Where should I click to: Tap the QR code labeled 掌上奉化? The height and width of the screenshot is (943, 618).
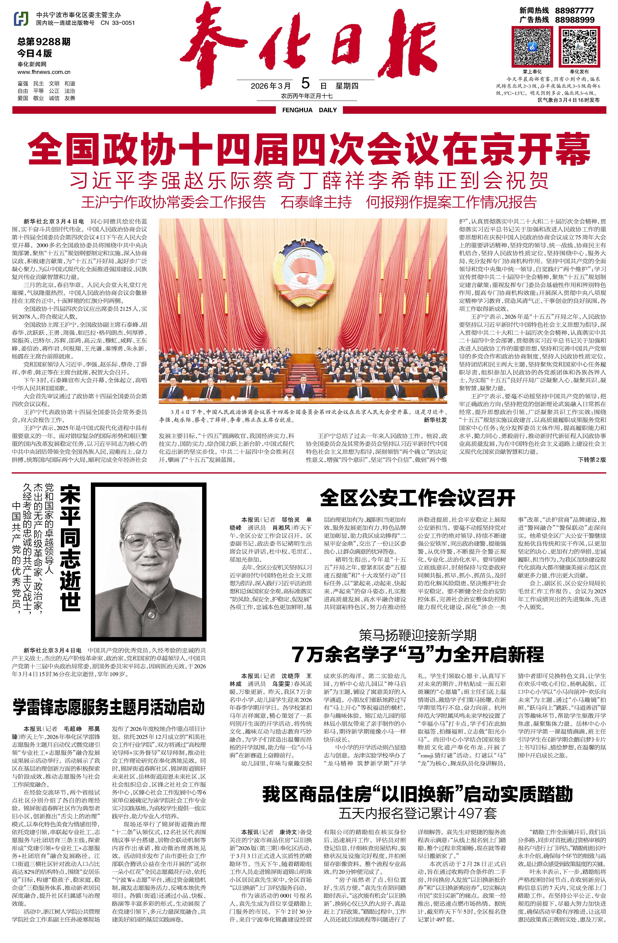click(x=532, y=46)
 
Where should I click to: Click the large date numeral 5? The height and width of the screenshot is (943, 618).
click(x=305, y=84)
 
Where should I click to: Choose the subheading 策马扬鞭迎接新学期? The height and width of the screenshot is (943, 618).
click(x=417, y=635)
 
